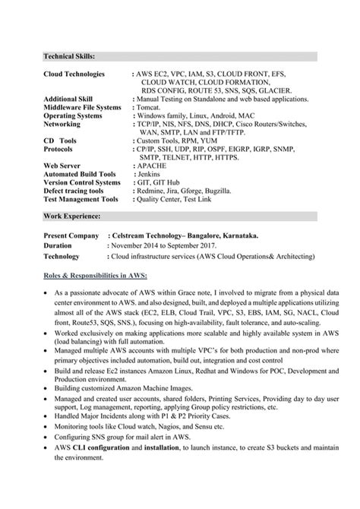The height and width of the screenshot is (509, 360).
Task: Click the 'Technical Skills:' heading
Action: pos(69,56)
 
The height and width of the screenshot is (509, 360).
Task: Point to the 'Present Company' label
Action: pos(71,236)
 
